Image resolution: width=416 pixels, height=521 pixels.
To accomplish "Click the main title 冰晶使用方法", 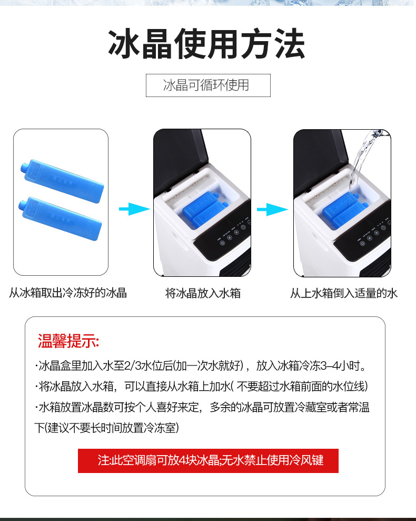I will click(207, 44).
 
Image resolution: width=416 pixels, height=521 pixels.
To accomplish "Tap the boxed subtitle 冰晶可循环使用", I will click(208, 85).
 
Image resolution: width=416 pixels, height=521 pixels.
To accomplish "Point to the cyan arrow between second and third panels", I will click(272, 210).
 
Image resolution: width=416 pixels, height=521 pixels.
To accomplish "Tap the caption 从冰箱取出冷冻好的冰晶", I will click(68, 293).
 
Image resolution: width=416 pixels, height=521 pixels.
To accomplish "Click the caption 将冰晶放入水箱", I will click(203, 293).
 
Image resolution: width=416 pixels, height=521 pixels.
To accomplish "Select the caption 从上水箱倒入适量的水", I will click(343, 293).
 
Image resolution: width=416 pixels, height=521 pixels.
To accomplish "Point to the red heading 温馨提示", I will click(68, 341).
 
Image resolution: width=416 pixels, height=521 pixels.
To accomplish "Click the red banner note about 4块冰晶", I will click(208, 460).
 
